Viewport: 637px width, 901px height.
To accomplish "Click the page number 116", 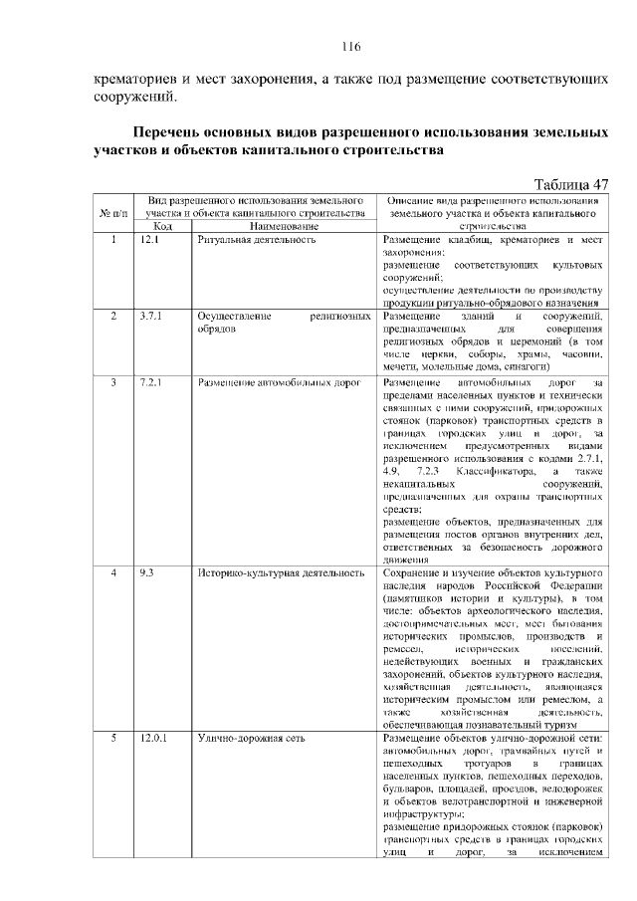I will pos(349,47).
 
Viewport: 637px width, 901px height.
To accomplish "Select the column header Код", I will pos(163,227).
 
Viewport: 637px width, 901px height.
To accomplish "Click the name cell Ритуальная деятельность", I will pos(256,241).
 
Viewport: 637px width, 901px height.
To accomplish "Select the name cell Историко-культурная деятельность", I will pos(281,573).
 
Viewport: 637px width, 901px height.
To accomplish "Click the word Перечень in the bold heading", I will pos(175,132).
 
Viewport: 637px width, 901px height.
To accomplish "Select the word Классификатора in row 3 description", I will pos(494,470).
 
